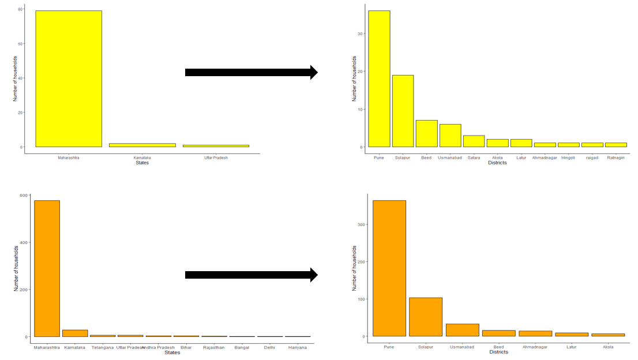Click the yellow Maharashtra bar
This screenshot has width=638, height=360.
pyautogui.click(x=69, y=78)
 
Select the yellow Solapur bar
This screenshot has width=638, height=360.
pyautogui.click(x=403, y=111)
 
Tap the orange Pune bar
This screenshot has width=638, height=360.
pyautogui.click(x=389, y=268)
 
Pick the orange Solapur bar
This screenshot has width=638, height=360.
pyautogui.click(x=426, y=317)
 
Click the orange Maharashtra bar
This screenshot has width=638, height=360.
pyautogui.click(x=47, y=268)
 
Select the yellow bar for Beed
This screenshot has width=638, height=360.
pyautogui.click(x=426, y=133)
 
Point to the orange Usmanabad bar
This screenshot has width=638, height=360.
pyautogui.click(x=462, y=330)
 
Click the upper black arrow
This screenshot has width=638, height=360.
pyautogui.click(x=251, y=72)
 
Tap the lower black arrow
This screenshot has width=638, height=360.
pyautogui.click(x=251, y=275)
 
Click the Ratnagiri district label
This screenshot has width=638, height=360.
pyautogui.click(x=616, y=157)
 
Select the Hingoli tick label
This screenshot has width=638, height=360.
pyautogui.click(x=568, y=157)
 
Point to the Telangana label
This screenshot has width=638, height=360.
pyautogui.click(x=103, y=347)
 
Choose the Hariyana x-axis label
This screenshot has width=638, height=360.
pyautogui.click(x=298, y=347)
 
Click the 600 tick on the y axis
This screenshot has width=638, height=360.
pyautogui.click(x=24, y=195)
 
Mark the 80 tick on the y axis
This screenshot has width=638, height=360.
pyautogui.click(x=21, y=9)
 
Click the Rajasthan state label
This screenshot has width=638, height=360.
pyautogui.click(x=214, y=347)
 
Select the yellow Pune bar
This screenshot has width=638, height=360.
pyautogui.click(x=379, y=78)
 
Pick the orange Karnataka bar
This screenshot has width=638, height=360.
pyautogui.click(x=75, y=333)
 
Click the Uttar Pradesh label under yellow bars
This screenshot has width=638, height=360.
pyautogui.click(x=216, y=157)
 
